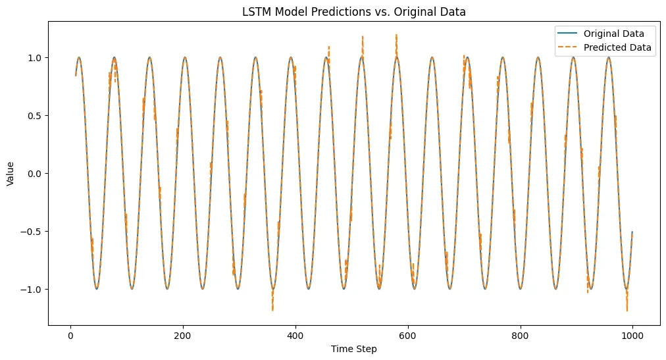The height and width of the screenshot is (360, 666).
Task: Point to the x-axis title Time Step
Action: click(x=354, y=349)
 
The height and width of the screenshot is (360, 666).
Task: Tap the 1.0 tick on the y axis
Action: click(x=34, y=58)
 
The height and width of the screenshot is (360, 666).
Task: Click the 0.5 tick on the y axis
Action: click(x=34, y=116)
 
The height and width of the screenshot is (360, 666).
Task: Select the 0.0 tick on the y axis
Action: click(x=34, y=174)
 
